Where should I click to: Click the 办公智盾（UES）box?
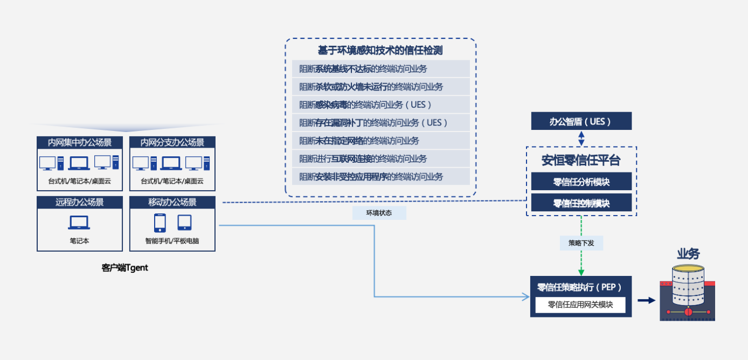[x=581, y=121]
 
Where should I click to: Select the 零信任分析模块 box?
[x=581, y=181]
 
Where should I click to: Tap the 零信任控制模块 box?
[x=581, y=203]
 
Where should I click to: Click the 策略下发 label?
[x=581, y=243]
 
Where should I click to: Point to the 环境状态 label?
[x=379, y=213]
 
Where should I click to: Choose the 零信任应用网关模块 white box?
[x=580, y=304]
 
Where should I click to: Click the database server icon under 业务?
[x=688, y=294]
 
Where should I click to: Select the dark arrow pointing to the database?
[x=646, y=300]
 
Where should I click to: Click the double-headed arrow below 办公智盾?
[x=581, y=138]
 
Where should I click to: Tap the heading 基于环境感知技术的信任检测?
[x=380, y=51]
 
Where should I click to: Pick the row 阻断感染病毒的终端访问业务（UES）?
[x=380, y=105]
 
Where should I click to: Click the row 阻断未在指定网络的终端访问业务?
[x=380, y=141]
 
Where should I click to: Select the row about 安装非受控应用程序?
[x=380, y=177]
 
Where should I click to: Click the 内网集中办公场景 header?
[x=80, y=143]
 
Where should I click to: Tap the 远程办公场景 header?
[x=80, y=203]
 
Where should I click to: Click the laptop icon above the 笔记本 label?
[x=79, y=222]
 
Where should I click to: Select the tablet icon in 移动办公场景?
[x=184, y=222]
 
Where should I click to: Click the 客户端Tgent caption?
[x=124, y=268]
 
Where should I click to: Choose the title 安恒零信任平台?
[x=581, y=160]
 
